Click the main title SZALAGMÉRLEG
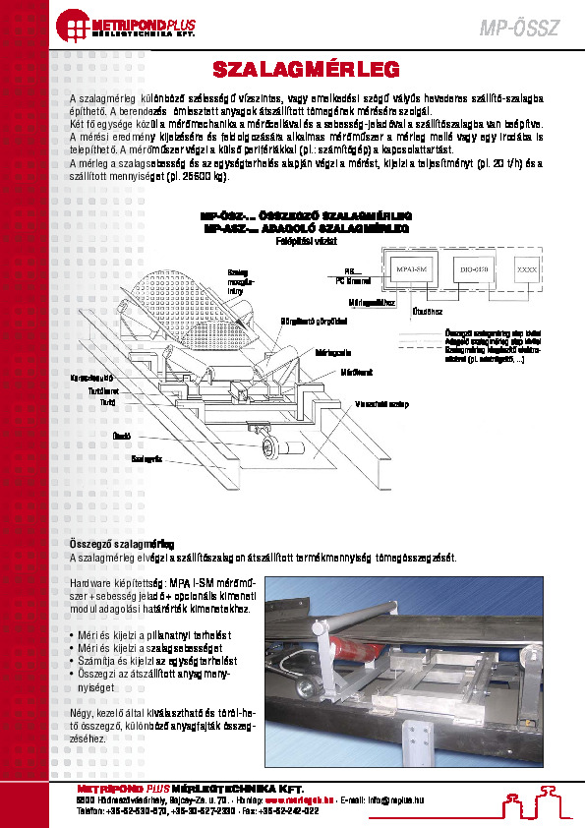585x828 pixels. (x=306, y=70)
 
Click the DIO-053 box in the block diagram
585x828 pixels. (x=474, y=267)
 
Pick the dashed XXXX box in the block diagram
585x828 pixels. (x=527, y=267)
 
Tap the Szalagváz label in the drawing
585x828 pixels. (x=145, y=458)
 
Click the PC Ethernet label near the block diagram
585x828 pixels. (x=352, y=280)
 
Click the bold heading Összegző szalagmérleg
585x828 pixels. (x=122, y=543)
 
